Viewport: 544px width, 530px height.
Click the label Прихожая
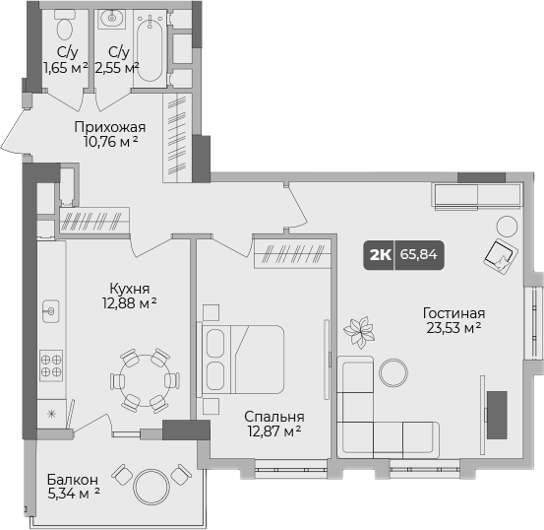pyautogui.click(x=110, y=126)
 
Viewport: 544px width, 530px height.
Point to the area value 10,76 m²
pyautogui.click(x=110, y=142)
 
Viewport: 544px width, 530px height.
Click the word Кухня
pyautogui.click(x=129, y=288)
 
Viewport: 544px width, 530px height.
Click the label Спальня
pyautogui.click(x=272, y=417)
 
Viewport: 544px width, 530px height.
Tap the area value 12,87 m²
pyautogui.click(x=272, y=431)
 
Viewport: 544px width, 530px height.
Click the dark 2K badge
pyautogui.click(x=379, y=254)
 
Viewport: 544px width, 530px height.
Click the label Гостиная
pyautogui.click(x=453, y=314)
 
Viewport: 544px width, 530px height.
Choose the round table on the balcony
pyautogui.click(x=153, y=486)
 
